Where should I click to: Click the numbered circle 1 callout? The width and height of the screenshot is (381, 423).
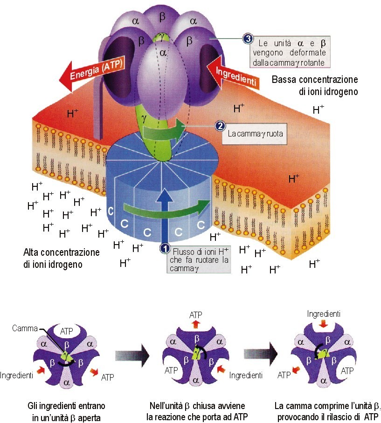164,248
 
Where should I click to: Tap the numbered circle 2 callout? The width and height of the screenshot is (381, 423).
219,126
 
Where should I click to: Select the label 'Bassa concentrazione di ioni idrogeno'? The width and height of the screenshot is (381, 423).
315,85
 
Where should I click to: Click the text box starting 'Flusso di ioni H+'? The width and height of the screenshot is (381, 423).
198,259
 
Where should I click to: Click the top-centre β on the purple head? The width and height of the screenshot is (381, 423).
162,17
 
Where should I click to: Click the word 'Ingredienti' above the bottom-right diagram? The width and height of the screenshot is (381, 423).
324,314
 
